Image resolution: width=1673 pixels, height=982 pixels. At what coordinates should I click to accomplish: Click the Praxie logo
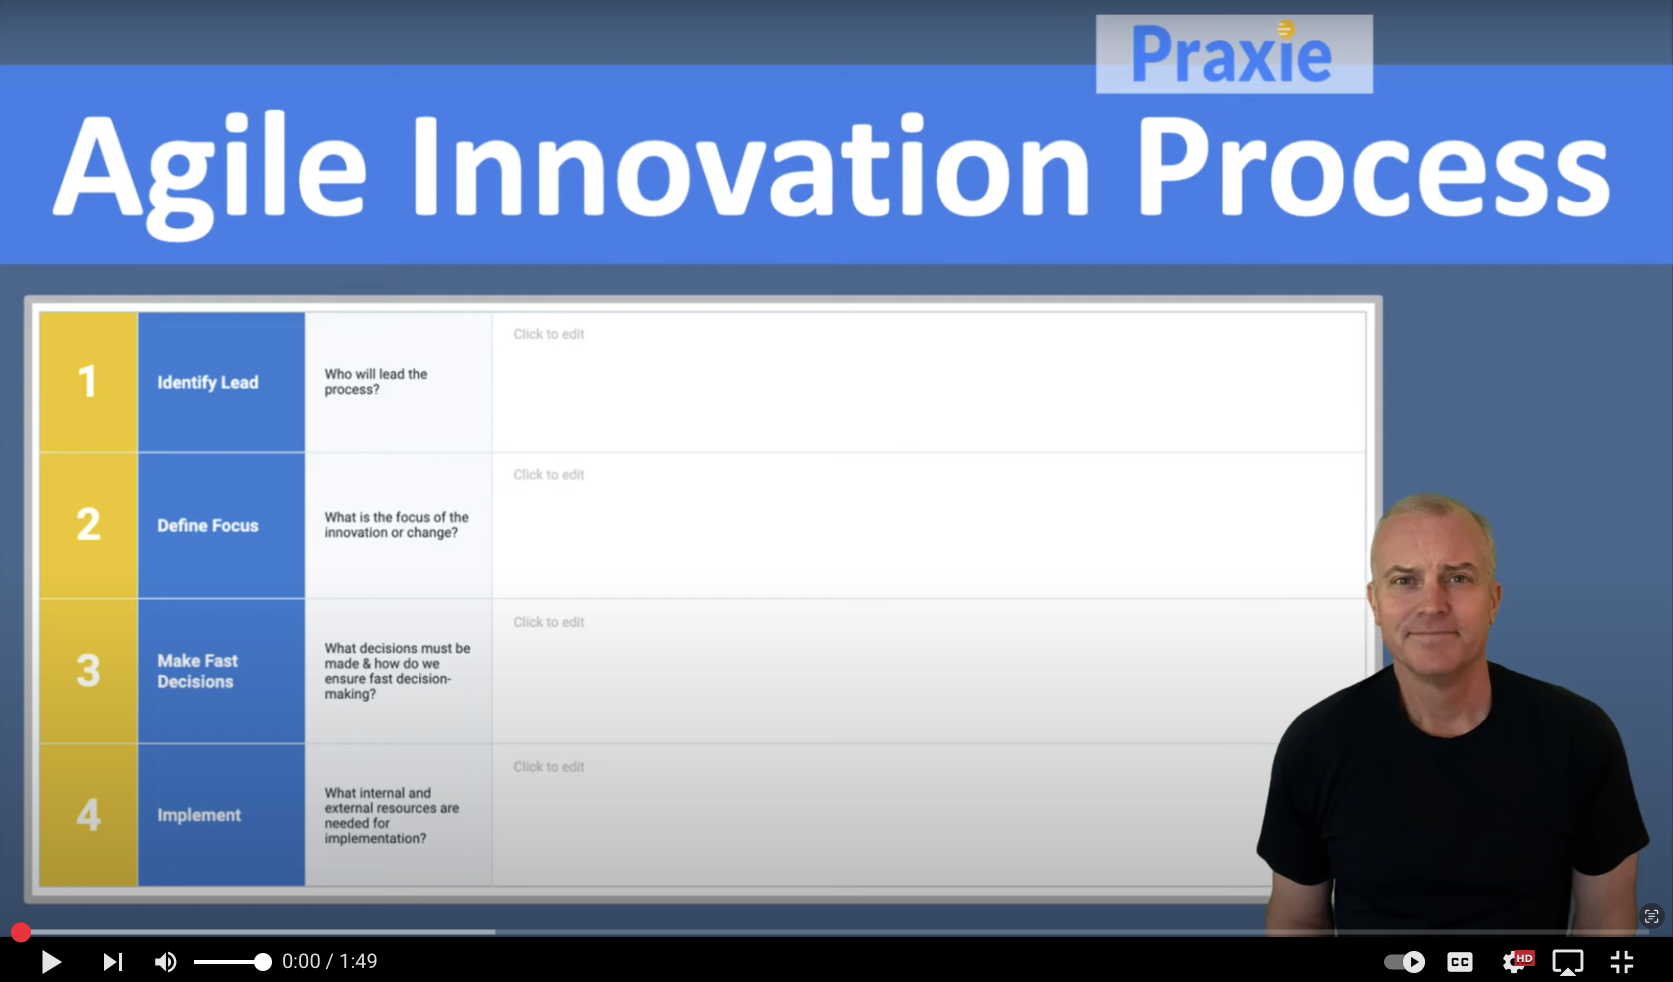[x=1233, y=54]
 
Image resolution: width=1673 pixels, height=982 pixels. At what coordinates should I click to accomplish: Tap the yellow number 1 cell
[x=88, y=382]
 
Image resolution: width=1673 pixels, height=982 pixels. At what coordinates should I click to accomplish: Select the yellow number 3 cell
[x=88, y=670]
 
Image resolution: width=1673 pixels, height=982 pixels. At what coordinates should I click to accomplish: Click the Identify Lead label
[x=208, y=382]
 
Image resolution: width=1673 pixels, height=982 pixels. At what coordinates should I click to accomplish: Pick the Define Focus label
[x=208, y=525]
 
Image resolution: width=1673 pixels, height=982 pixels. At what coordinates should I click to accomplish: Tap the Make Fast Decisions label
[x=197, y=670]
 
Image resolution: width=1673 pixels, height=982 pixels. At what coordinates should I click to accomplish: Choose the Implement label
[x=198, y=814]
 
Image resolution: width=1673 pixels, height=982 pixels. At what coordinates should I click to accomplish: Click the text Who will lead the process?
[x=376, y=382]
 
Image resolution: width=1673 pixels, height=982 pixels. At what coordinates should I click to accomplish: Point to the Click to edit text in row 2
[x=548, y=474]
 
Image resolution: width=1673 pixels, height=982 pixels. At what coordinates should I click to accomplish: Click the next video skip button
[x=112, y=961]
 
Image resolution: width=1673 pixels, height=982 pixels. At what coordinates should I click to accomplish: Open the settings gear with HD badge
[x=1515, y=961]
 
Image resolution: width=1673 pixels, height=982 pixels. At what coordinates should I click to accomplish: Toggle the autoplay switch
[x=1404, y=961]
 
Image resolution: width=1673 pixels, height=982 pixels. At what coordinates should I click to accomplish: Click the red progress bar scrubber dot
[x=20, y=932]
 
